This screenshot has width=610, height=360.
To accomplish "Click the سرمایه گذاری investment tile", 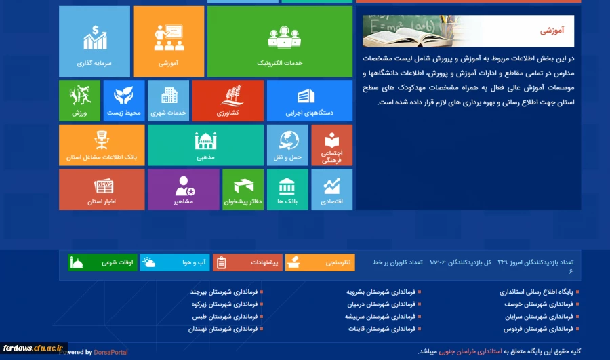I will [x=94, y=41].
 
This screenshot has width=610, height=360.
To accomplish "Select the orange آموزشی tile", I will [x=168, y=41].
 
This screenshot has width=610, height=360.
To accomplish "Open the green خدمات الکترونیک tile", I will [x=280, y=41].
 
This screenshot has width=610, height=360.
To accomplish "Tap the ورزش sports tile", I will [x=79, y=100].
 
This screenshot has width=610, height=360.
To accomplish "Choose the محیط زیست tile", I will [x=123, y=100].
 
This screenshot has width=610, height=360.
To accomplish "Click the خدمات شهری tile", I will [x=168, y=100].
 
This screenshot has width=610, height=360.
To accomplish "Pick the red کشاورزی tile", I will [x=228, y=100].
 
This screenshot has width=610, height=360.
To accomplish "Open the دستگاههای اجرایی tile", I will [x=309, y=100].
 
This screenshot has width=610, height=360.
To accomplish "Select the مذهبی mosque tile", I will [x=205, y=145].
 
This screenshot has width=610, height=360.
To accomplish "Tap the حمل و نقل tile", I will [x=287, y=145].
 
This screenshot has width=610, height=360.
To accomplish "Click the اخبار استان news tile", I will [x=102, y=189].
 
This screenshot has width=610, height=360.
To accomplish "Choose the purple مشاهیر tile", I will [x=183, y=189].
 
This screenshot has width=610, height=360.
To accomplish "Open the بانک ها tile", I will [x=287, y=189].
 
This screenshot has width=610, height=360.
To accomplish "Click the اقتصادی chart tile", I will [x=331, y=189].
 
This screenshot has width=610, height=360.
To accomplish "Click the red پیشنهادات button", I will [x=247, y=262].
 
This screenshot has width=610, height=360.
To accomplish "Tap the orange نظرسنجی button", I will [x=320, y=262].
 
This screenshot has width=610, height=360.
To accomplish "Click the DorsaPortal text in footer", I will [x=111, y=352].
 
